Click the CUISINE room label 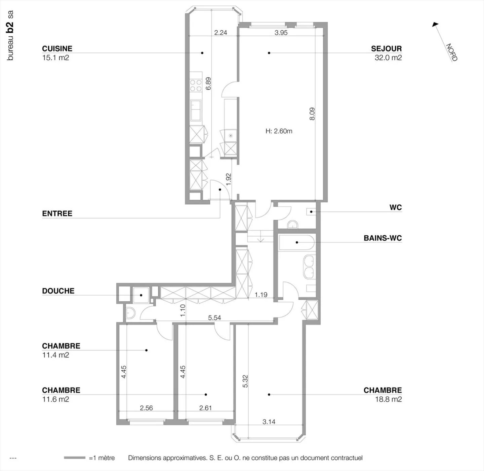pos(57,48)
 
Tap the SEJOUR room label pos(386,48)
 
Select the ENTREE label pos(57,213)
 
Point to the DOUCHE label pos(58,291)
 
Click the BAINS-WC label pos(383,238)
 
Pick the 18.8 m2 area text pos(388,399)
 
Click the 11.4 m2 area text pos(55,355)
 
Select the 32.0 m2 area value pos(388,58)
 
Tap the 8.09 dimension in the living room pos(312,114)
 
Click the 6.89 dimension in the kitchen pos(208,84)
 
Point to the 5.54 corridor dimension pos(214,317)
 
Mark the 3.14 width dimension pos(269,422)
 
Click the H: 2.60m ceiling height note pos(279,131)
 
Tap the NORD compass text pos(452,52)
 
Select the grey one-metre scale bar pos(75,458)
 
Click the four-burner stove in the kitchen pos(196,85)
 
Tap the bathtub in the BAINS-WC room pos(297,242)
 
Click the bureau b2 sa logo pos(10,35)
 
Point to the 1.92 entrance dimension pos(229,179)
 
